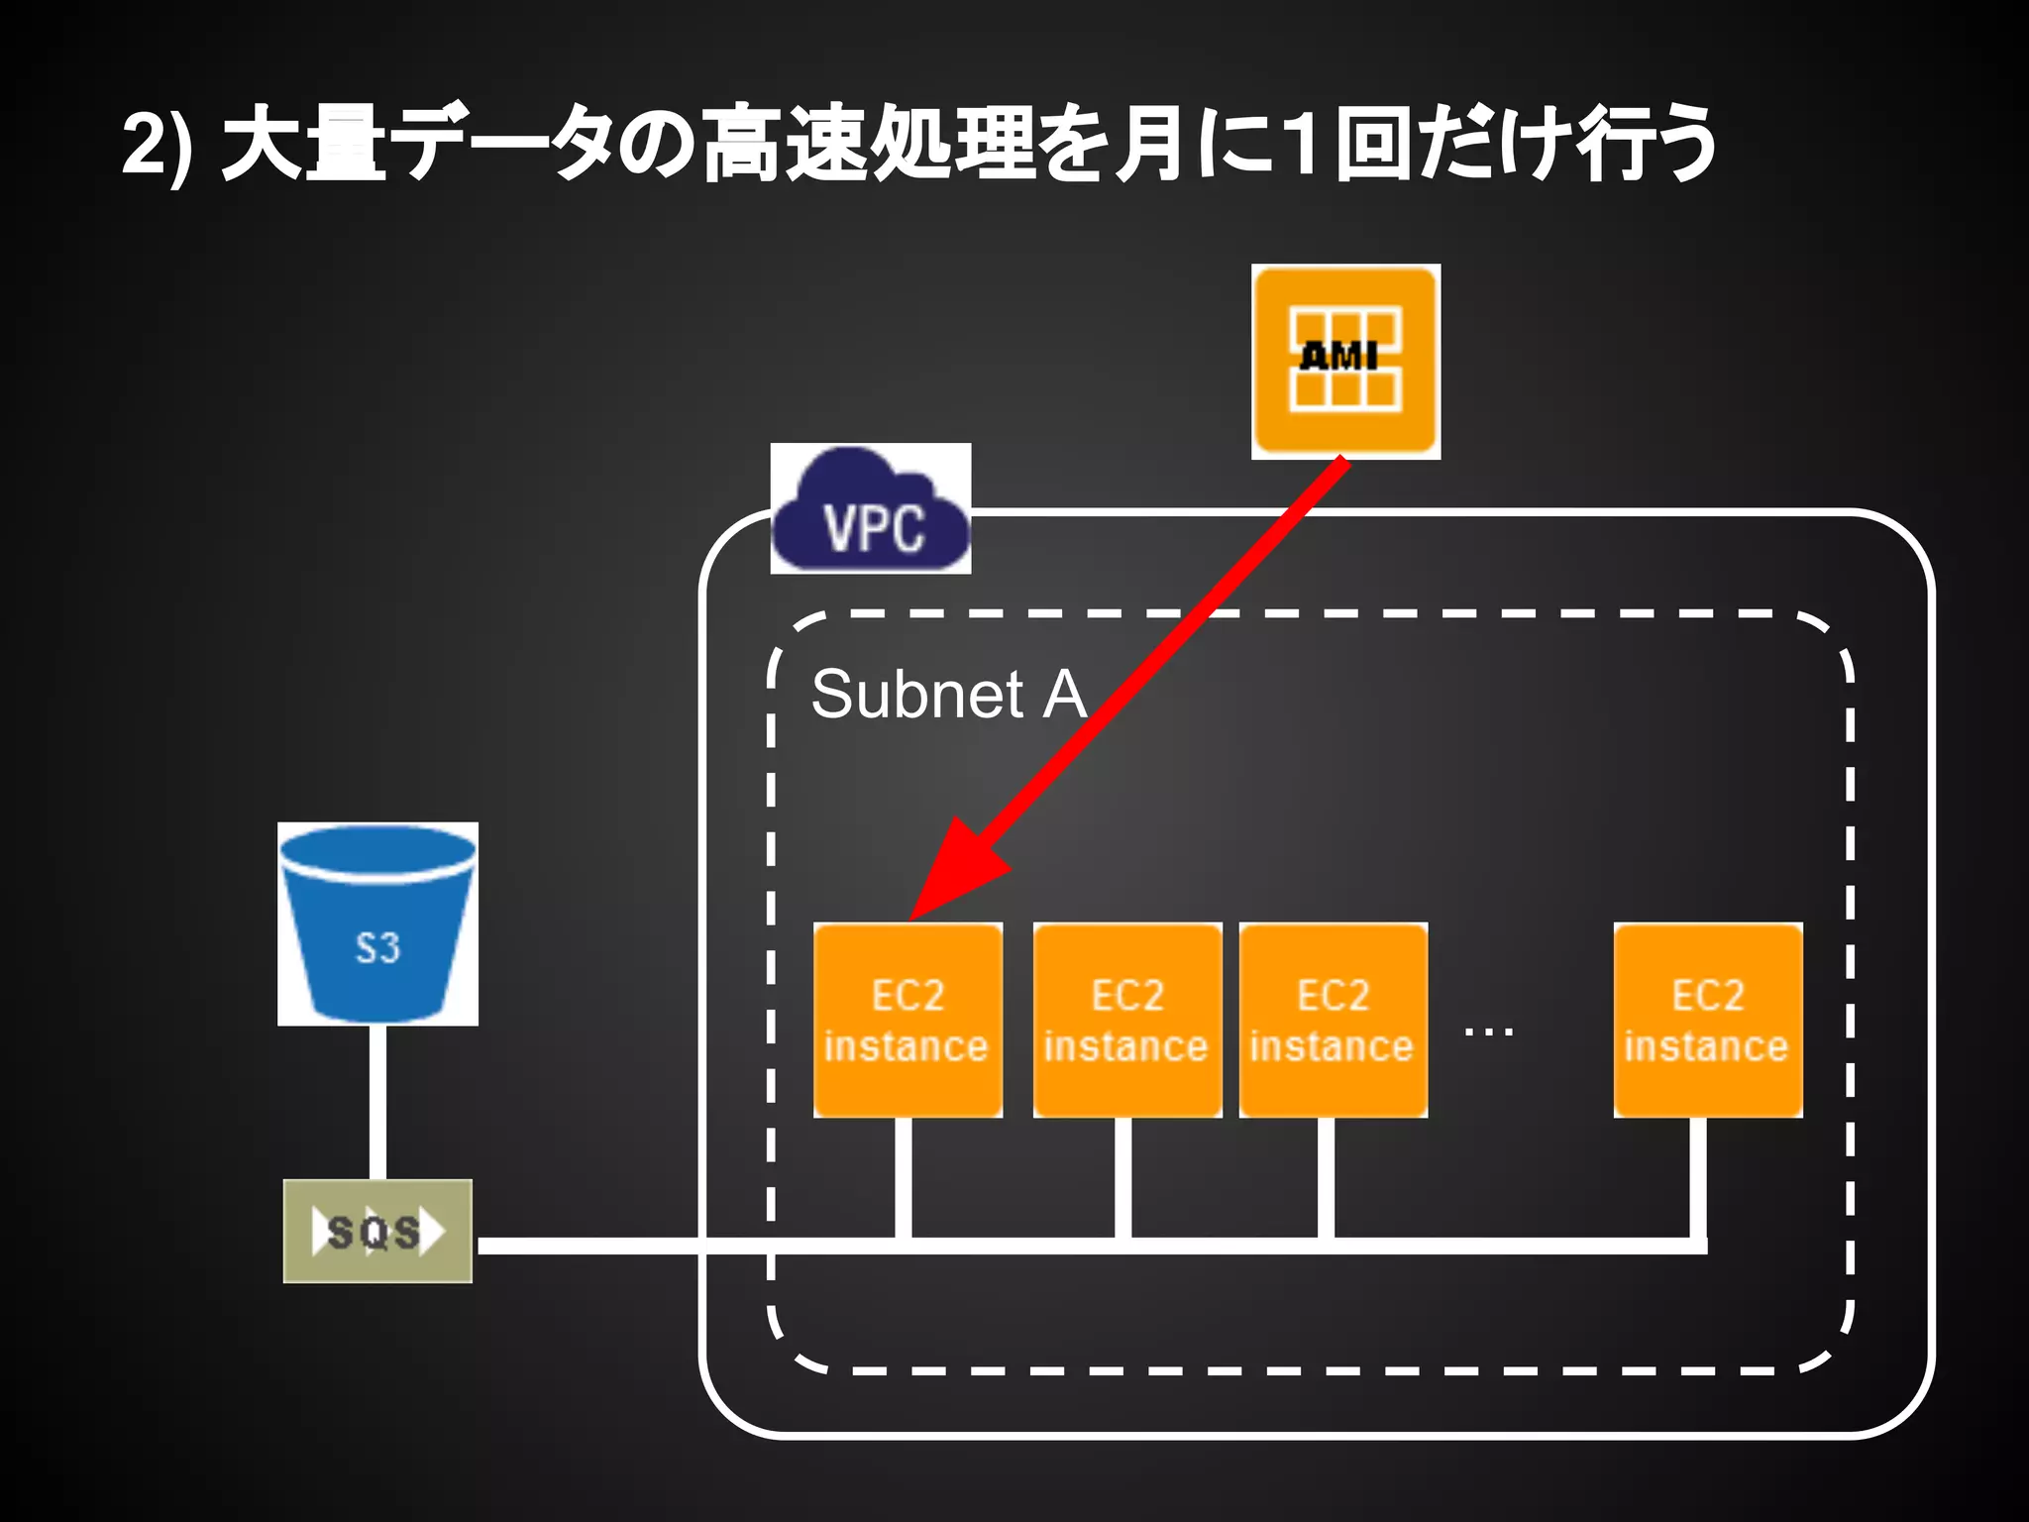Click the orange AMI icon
click(1345, 362)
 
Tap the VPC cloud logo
click(871, 509)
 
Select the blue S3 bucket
click(377, 924)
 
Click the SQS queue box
click(377, 1232)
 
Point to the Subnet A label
click(948, 694)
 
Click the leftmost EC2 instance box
click(908, 1021)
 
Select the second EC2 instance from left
click(1126, 1021)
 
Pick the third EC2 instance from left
click(1333, 1021)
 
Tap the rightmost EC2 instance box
click(1707, 1021)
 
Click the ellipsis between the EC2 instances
click(1488, 1033)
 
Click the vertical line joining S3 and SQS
click(377, 1102)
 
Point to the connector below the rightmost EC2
click(1697, 1179)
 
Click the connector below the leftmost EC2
click(903, 1179)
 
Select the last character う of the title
click(1679, 145)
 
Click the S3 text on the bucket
click(377, 948)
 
